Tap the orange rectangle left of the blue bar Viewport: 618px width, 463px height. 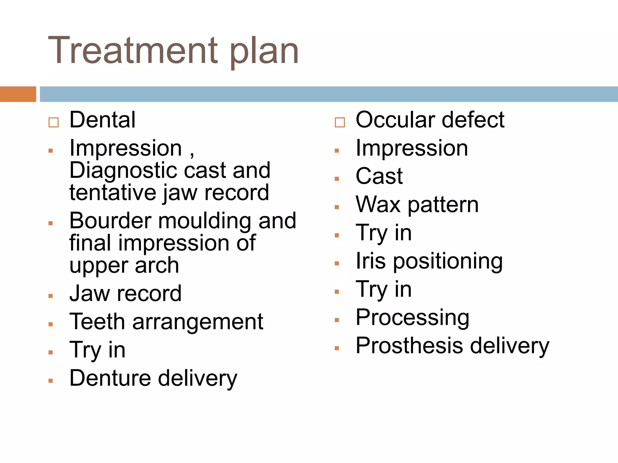click(x=18, y=94)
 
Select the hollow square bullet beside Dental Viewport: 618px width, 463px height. click(x=53, y=122)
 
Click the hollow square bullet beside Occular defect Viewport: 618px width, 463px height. click(x=339, y=122)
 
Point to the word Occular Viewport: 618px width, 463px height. click(x=395, y=120)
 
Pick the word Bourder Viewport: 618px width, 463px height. click(x=110, y=221)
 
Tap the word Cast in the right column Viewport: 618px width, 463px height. click(x=379, y=176)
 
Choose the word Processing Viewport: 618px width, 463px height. click(x=412, y=318)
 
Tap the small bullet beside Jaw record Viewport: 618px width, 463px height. click(x=51, y=296)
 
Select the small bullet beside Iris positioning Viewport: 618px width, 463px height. click(x=337, y=263)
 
